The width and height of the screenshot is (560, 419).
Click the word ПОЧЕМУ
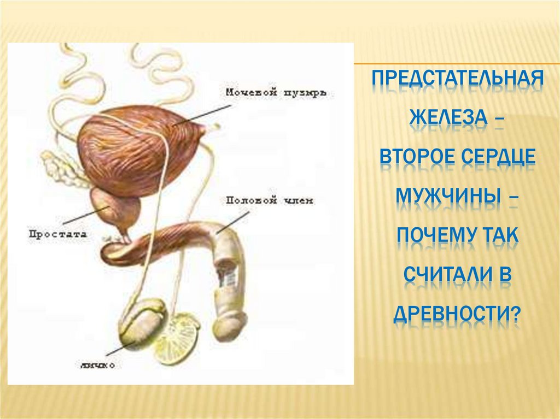pyautogui.click(x=433, y=235)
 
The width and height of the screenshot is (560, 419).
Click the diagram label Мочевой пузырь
pyautogui.click(x=276, y=93)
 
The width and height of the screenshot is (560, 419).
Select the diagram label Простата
pyautogui.click(x=57, y=233)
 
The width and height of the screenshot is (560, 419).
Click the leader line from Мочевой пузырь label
pyautogui.click(x=202, y=115)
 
